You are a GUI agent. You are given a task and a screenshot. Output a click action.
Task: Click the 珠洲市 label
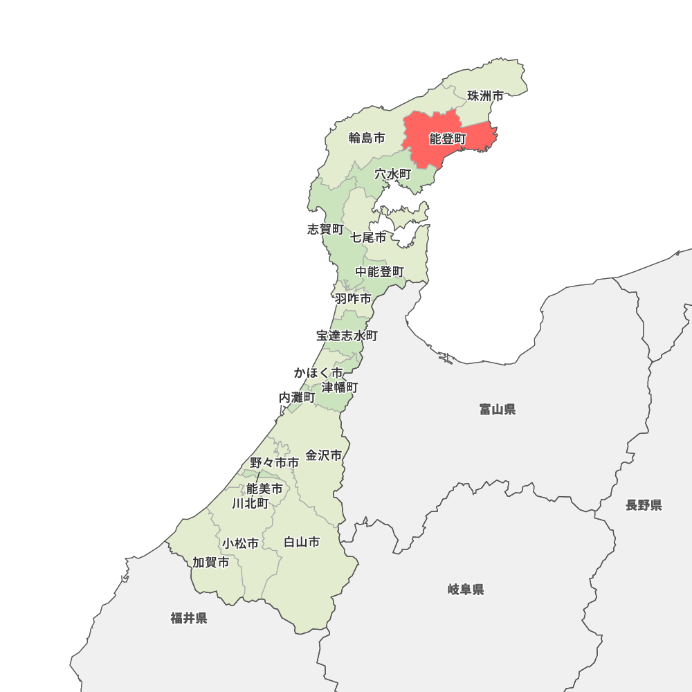tap(485, 96)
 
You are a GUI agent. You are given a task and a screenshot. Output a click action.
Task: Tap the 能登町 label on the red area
tap(448, 139)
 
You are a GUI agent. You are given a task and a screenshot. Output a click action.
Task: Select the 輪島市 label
tap(367, 138)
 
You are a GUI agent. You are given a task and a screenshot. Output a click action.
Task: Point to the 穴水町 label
tap(393, 174)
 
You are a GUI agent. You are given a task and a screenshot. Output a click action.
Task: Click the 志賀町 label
tap(325, 229)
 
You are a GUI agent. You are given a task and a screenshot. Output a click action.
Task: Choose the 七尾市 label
tap(368, 237)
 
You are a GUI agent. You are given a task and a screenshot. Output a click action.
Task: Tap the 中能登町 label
tap(380, 272)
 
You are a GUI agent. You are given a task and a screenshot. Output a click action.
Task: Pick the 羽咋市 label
tap(353, 299)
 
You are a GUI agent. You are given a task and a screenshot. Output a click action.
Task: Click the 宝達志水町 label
tap(347, 336)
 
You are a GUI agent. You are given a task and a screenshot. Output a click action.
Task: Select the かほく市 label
tap(318, 373)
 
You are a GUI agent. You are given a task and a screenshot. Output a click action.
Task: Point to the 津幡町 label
tap(340, 387)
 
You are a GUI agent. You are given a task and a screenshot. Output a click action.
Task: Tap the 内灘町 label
tap(297, 397)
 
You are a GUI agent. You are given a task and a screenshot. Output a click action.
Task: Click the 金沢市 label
tap(324, 455)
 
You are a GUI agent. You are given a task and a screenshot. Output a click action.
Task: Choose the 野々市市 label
tap(275, 462)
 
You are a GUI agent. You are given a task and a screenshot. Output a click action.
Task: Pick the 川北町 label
tap(251, 503)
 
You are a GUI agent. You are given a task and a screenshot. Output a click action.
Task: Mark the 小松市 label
tap(241, 544)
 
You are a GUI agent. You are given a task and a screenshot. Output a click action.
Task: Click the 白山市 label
tap(302, 543)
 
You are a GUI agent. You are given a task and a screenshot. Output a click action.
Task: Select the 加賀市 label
tap(211, 563)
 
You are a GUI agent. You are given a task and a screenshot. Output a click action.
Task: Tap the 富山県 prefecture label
tap(498, 410)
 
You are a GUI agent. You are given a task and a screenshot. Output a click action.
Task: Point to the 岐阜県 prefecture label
tap(466, 590)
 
